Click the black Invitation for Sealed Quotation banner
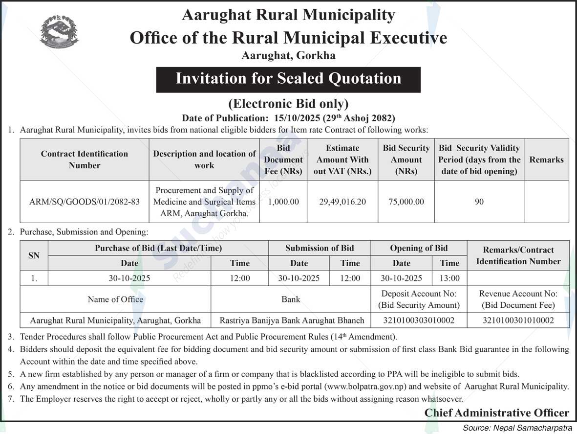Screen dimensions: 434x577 click(x=288, y=79)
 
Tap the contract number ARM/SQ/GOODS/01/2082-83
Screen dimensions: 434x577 click(x=85, y=202)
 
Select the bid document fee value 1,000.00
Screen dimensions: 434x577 click(x=283, y=202)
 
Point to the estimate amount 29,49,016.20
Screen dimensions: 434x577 click(x=342, y=202)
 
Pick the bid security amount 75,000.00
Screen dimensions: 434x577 click(x=406, y=202)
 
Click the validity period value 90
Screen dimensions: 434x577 click(x=479, y=202)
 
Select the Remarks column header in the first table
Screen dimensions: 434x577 click(x=546, y=160)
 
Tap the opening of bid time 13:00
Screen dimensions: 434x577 click(x=449, y=278)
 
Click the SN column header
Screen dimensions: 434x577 click(x=34, y=255)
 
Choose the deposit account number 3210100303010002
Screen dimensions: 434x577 click(x=419, y=320)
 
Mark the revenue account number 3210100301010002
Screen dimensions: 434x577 click(x=518, y=320)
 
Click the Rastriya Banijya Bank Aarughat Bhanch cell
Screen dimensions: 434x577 click(x=292, y=320)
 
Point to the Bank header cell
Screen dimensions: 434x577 click(x=291, y=299)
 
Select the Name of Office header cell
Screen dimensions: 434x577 click(x=115, y=299)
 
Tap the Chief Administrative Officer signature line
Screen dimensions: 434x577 click(x=496, y=412)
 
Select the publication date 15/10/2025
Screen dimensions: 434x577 click(x=295, y=118)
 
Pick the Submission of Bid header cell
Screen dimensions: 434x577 click(x=320, y=248)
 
